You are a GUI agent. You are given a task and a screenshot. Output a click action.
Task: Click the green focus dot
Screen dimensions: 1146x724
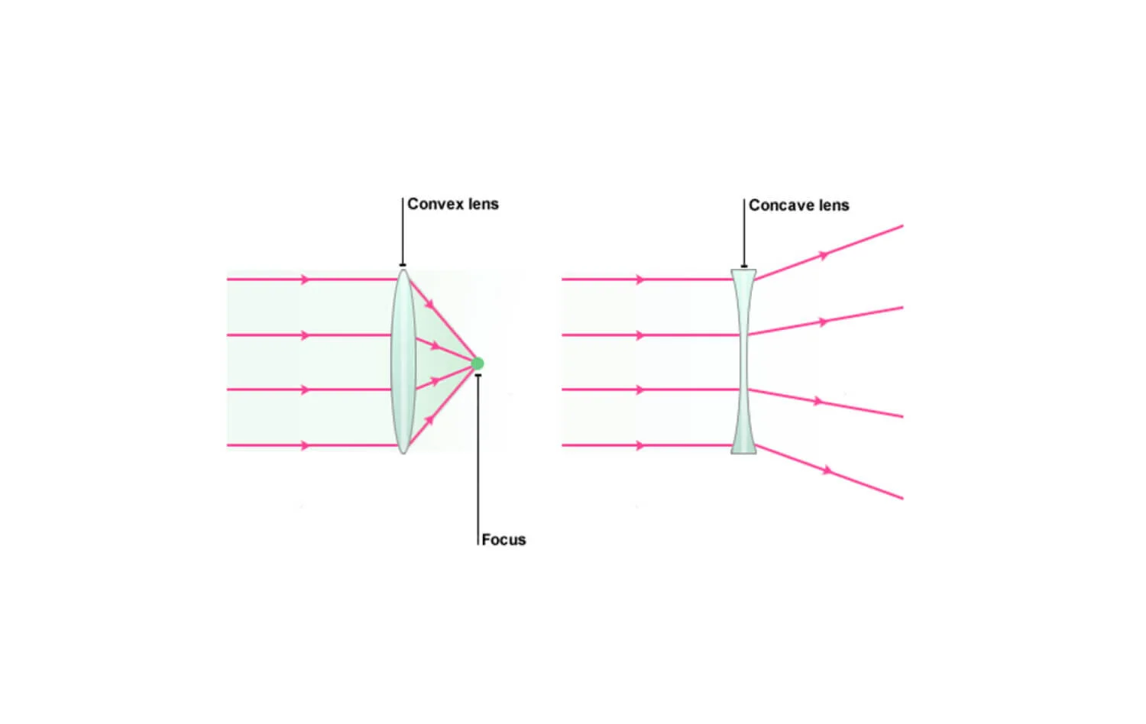tap(477, 364)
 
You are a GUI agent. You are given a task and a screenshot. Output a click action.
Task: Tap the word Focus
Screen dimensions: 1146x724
tap(503, 540)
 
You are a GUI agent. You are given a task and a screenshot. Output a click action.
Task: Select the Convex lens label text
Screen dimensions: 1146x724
tap(452, 204)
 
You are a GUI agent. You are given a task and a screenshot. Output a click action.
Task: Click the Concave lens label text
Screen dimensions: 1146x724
tap(798, 205)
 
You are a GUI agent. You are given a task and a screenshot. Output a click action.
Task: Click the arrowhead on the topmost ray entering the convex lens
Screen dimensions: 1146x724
tap(306, 280)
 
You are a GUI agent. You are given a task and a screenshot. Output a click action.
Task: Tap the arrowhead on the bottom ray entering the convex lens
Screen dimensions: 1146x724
tap(306, 445)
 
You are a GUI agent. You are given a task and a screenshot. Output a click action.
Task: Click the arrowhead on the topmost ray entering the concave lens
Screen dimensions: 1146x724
tap(640, 280)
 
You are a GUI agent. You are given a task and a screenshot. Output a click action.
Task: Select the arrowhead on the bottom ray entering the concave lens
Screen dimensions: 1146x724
tap(640, 445)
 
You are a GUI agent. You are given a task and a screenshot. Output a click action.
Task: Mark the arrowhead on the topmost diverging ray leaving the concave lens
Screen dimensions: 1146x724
tap(824, 255)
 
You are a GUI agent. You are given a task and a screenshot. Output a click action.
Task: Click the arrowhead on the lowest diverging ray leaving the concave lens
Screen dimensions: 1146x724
tap(827, 470)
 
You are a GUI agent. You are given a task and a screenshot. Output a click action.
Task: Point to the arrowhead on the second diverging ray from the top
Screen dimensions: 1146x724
tap(822, 322)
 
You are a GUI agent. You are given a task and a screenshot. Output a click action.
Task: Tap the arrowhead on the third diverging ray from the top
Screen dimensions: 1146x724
tap(817, 401)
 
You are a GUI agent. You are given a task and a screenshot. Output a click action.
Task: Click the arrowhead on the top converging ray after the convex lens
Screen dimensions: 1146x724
tap(429, 305)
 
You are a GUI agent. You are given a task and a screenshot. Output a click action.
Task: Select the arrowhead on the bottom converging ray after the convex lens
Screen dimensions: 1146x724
tap(430, 419)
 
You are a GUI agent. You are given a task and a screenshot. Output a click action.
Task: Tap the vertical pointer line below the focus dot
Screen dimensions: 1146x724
tap(478, 458)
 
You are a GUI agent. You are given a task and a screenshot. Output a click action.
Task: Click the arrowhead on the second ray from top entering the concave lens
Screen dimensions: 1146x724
tap(640, 335)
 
